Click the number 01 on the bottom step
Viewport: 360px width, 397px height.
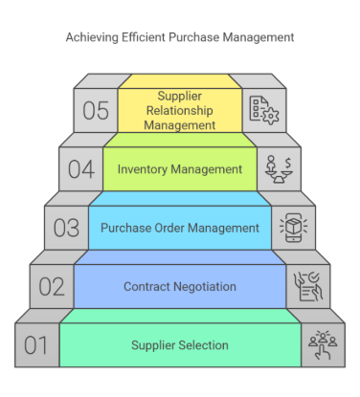(35, 343)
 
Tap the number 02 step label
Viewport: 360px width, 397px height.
(51, 286)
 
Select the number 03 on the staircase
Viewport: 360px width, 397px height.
(66, 229)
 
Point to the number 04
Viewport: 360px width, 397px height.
(80, 169)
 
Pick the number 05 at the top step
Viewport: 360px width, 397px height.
(95, 110)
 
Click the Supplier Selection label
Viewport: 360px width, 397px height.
(180, 344)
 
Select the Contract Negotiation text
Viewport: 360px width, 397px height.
(180, 286)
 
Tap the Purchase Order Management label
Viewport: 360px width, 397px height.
(180, 228)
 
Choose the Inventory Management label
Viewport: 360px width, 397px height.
(180, 169)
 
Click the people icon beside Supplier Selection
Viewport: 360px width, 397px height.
(320, 343)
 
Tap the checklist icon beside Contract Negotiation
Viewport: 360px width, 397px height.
(304, 285)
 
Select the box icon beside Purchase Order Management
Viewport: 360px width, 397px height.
(291, 228)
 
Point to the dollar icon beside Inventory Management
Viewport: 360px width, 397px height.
(277, 168)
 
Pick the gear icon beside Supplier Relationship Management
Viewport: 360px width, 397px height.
(262, 110)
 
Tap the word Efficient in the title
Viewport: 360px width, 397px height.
(146, 38)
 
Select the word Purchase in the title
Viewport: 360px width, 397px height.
(197, 38)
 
